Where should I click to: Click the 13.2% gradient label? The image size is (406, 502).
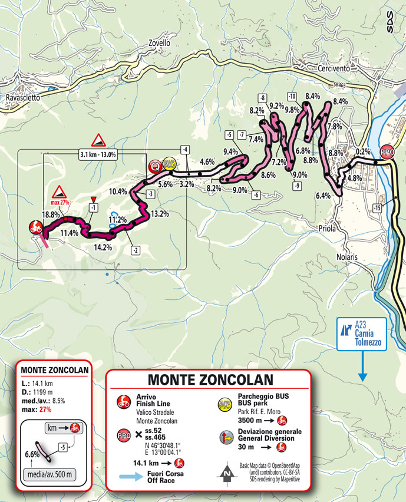coord(160,214)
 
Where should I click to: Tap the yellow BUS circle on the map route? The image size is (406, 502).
coord(170,165)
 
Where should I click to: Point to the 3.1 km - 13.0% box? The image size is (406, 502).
coord(98,154)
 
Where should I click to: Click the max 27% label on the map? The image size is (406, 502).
coord(61,202)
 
